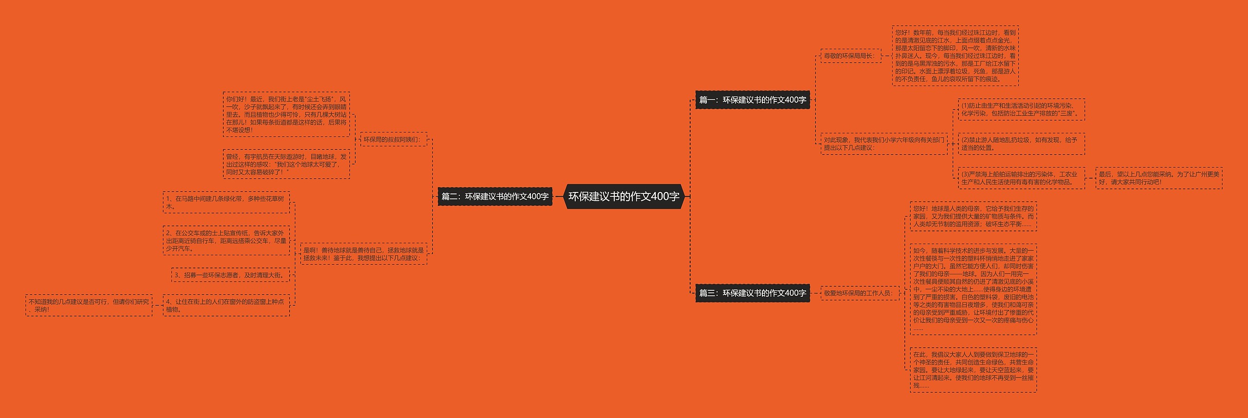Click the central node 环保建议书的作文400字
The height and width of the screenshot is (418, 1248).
click(x=624, y=196)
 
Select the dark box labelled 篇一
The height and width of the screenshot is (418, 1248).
click(x=752, y=100)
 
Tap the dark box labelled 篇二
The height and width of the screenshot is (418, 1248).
click(x=495, y=196)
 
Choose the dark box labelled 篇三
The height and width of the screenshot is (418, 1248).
click(x=752, y=293)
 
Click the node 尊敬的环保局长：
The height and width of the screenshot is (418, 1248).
click(x=850, y=56)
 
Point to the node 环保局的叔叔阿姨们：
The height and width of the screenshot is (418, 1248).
click(x=393, y=139)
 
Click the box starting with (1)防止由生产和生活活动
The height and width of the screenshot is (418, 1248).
click(x=1021, y=109)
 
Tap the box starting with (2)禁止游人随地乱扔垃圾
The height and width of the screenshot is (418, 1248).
click(x=1021, y=144)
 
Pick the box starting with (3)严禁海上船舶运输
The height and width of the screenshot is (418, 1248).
click(x=1021, y=178)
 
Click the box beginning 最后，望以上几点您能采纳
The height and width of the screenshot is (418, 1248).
click(x=1158, y=178)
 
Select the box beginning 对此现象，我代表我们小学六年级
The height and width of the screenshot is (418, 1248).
click(x=884, y=144)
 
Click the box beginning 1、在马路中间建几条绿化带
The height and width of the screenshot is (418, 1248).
click(x=226, y=202)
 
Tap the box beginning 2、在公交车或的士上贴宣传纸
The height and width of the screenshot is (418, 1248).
click(x=226, y=241)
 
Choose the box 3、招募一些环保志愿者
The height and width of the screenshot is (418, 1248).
click(x=231, y=275)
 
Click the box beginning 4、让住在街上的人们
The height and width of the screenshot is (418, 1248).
click(x=226, y=305)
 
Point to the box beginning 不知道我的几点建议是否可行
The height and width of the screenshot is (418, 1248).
click(x=89, y=305)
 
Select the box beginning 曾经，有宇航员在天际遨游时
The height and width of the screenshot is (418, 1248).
click(x=286, y=164)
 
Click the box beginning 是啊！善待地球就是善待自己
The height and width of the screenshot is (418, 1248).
click(x=363, y=254)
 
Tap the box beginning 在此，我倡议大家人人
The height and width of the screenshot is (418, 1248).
click(x=973, y=370)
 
